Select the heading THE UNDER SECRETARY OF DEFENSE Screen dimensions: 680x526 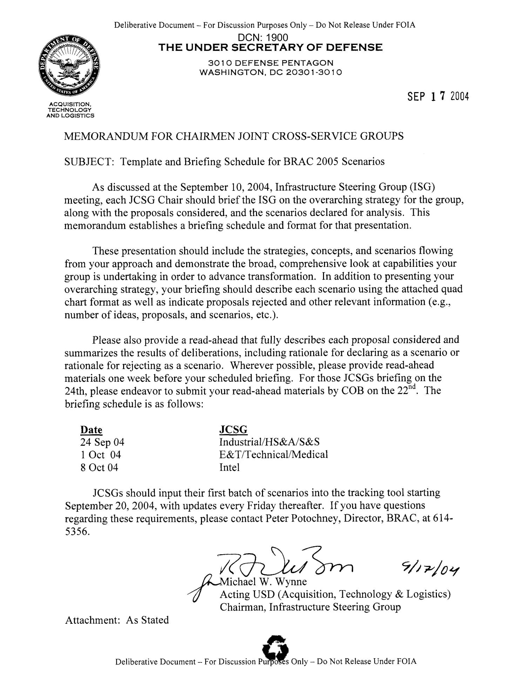point(270,47)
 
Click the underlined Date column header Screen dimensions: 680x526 point(91,430)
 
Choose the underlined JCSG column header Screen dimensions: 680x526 point(233,430)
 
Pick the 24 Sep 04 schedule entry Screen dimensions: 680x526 point(102,442)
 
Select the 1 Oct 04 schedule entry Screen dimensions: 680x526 point(101,455)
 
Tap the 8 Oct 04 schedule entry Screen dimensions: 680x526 point(99,467)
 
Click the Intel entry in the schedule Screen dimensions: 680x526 point(229,467)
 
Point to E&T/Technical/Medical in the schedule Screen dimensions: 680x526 point(274,455)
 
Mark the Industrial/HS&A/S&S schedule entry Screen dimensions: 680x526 point(269,442)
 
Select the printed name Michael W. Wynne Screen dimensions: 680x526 point(263,582)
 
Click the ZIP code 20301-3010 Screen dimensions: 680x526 point(317,72)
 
